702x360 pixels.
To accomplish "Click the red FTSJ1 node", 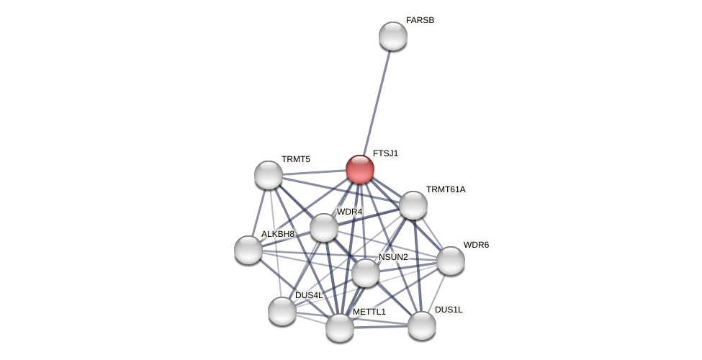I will click(360, 169).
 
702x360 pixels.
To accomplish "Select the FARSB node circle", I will click(393, 36).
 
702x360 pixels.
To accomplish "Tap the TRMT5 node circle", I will click(269, 175).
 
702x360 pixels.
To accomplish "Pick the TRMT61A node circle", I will click(413, 205).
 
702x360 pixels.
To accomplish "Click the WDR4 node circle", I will click(324, 228).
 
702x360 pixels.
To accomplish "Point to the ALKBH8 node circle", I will click(248, 250).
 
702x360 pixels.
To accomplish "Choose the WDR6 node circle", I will click(451, 261).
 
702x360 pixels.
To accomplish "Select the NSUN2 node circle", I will click(366, 273).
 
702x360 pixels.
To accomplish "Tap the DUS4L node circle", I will click(282, 311).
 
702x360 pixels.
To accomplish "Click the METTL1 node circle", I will click(340, 328).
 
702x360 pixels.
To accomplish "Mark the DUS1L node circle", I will click(422, 325).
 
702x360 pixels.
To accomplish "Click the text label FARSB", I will click(420, 20).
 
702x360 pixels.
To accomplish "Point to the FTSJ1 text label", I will click(385, 153).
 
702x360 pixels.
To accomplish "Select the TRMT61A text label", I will click(446, 189).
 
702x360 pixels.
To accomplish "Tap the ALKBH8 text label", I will click(277, 234).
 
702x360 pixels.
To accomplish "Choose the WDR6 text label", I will click(476, 245).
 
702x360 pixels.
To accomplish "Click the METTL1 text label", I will click(369, 312).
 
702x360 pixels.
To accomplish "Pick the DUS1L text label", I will click(449, 310).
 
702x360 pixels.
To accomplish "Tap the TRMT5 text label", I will click(295, 159).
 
